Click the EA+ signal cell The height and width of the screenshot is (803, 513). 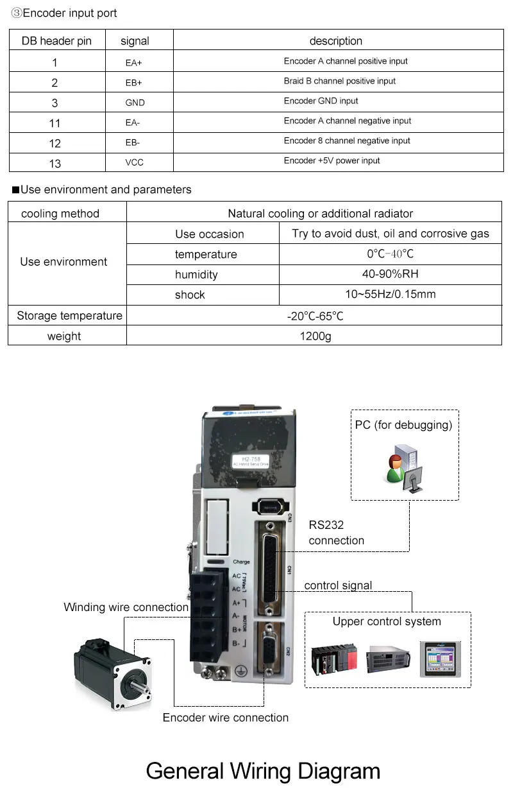coord(133,63)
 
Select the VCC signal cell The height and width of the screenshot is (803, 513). coord(134,162)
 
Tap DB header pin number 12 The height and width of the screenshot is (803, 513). coord(55,143)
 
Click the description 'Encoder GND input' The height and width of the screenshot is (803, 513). coord(321,101)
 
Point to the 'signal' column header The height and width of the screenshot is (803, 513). coord(135,41)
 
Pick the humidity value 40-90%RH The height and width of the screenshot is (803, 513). coord(390,274)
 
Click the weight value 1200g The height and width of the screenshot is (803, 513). coord(315,336)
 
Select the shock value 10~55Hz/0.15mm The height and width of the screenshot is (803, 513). coord(390,295)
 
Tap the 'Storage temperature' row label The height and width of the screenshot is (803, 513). coord(69,316)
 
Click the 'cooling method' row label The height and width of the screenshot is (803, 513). coord(60,214)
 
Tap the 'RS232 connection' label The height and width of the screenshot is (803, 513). coord(336,533)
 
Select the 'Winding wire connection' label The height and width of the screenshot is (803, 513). coord(126,607)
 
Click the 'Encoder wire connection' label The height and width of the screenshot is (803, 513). coord(225,718)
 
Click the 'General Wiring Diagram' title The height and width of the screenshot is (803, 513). coord(263,771)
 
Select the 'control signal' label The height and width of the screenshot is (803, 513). coord(338,585)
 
